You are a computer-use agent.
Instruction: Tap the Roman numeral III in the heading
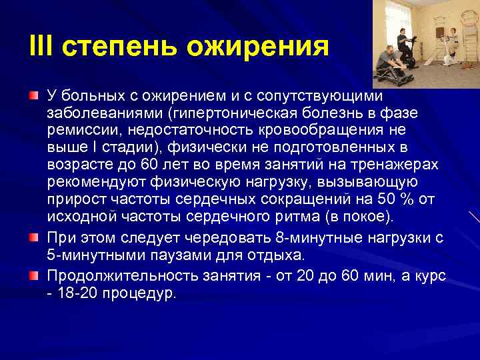[41, 47]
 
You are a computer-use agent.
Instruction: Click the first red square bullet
[33, 97]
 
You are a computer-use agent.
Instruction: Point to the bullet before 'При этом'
[33, 237]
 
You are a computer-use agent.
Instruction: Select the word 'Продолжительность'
[119, 276]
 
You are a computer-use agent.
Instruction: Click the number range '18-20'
[75, 293]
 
